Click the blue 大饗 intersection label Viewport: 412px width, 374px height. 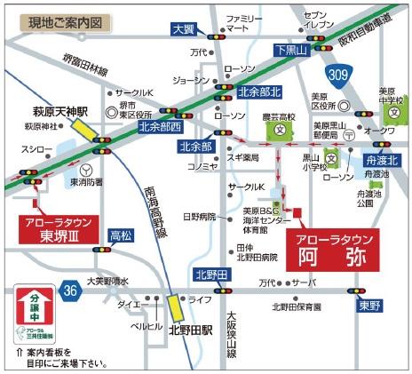click(183, 29)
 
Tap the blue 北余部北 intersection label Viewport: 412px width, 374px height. click(260, 92)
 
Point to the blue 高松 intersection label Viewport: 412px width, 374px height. click(121, 236)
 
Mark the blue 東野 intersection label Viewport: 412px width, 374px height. click(370, 305)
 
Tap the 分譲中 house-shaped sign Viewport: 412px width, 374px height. click(36, 314)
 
